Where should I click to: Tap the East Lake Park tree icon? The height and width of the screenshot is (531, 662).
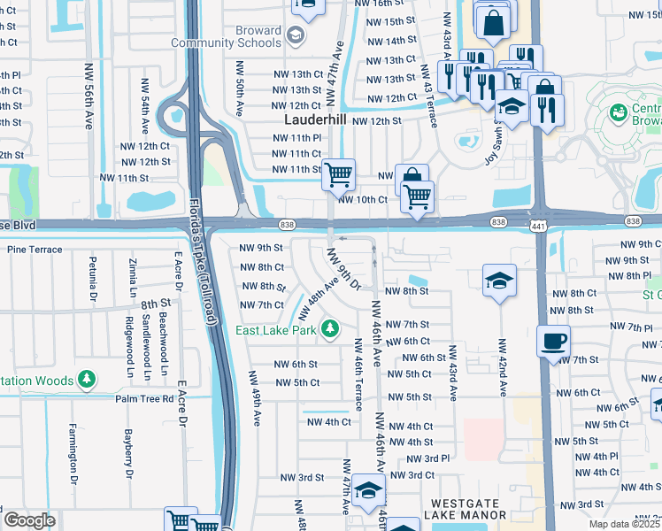(330, 329)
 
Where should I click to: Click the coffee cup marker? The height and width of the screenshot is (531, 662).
(553, 341)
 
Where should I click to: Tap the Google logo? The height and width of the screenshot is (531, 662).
(29, 520)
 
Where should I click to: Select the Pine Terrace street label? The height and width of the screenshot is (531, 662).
(35, 250)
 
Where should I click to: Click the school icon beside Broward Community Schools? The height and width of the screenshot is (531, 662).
(296, 36)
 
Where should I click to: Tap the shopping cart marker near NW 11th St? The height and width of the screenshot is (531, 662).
(338, 173)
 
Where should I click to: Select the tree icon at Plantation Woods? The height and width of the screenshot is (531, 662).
(86, 380)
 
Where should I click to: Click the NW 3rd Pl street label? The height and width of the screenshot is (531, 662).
(428, 458)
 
